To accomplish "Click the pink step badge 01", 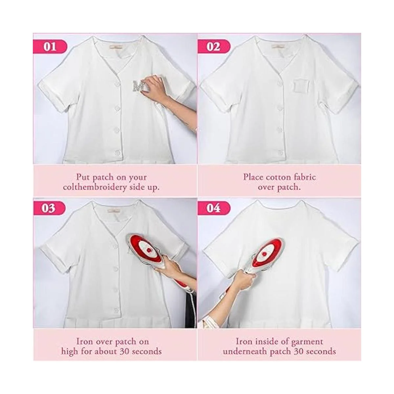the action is click(x=50, y=47).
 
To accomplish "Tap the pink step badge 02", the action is click(x=214, y=47).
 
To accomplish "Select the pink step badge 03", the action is click(x=49, y=208).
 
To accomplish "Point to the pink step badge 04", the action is click(x=214, y=208).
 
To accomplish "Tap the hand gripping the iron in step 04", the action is click(x=246, y=279).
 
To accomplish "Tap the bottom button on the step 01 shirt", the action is click(x=118, y=152).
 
